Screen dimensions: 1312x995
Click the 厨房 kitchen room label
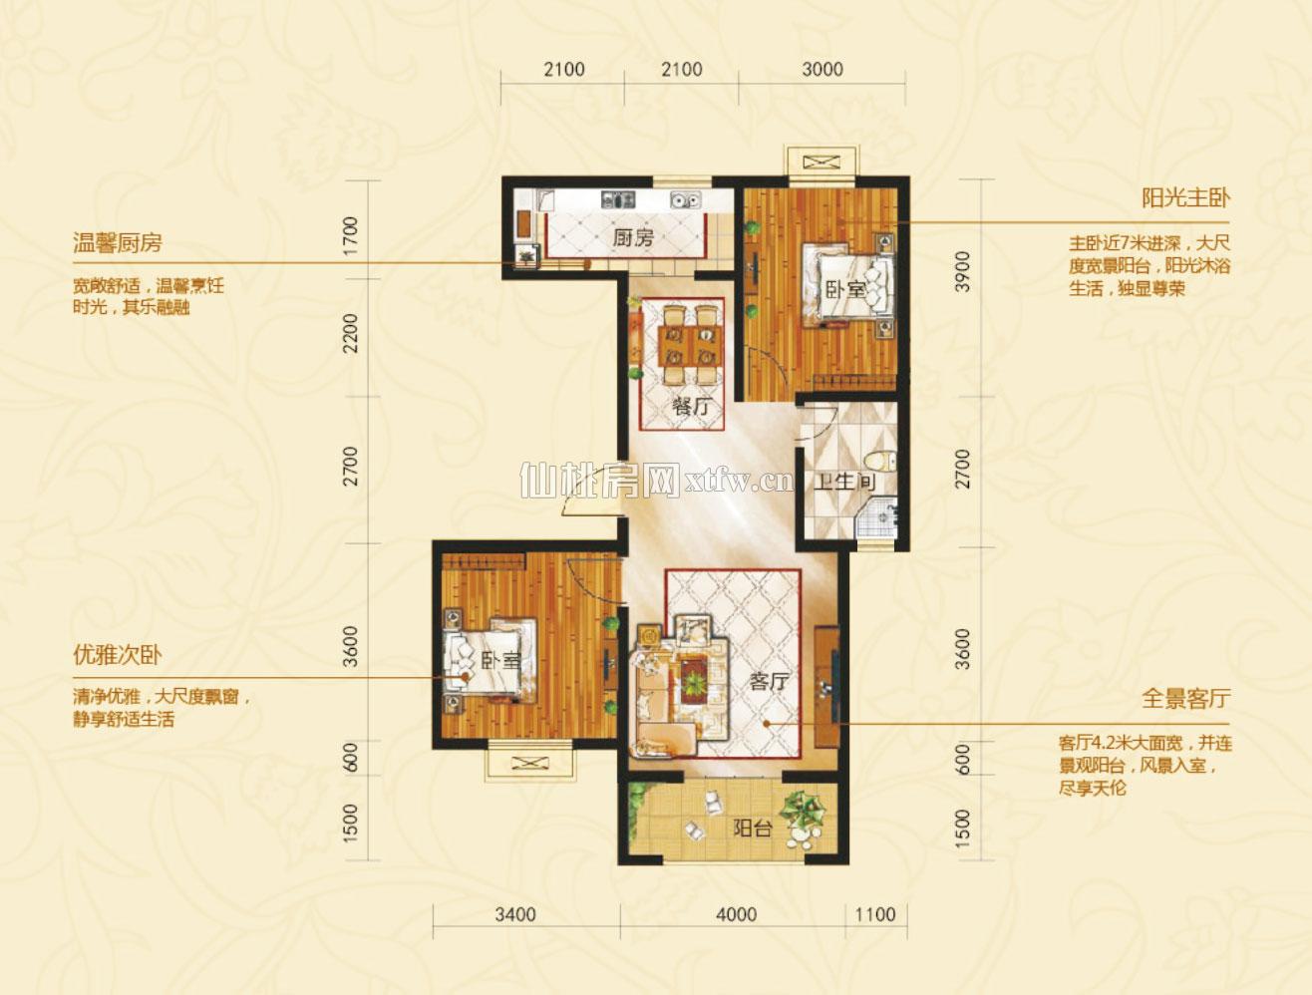point(633,238)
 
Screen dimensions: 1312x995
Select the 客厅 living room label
point(770,682)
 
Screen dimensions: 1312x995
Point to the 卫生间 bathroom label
point(845,482)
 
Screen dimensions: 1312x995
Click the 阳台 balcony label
point(753,829)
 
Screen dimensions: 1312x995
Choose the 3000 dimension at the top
point(822,70)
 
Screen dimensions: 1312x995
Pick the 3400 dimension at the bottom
point(515,914)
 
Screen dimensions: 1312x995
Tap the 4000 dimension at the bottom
point(737,914)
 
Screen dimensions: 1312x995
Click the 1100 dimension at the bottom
point(875,914)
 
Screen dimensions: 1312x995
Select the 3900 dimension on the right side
point(963,271)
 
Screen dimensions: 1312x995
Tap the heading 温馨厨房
point(118,243)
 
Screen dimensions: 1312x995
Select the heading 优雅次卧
point(118,656)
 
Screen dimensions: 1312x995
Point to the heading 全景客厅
point(1185,698)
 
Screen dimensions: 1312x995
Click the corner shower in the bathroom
point(877,517)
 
